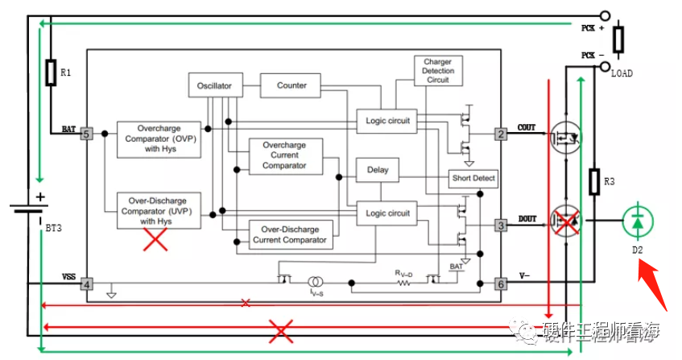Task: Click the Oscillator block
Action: (x=215, y=85)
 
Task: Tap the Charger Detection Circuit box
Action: (x=436, y=71)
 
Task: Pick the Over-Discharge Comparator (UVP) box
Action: (x=159, y=209)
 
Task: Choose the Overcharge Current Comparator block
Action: (x=285, y=155)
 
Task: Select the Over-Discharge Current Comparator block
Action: (x=289, y=234)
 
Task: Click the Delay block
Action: (x=377, y=170)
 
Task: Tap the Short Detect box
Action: (x=473, y=178)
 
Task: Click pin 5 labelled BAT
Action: (x=87, y=134)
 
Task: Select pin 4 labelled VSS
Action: (x=87, y=283)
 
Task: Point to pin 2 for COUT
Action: (x=501, y=134)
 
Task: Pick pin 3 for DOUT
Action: (x=501, y=226)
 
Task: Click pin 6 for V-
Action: (x=501, y=283)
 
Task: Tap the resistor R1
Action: (x=51, y=72)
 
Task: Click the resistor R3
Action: (x=594, y=182)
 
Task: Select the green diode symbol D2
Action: (x=637, y=221)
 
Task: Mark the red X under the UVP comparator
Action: (x=155, y=239)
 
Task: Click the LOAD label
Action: (x=622, y=73)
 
